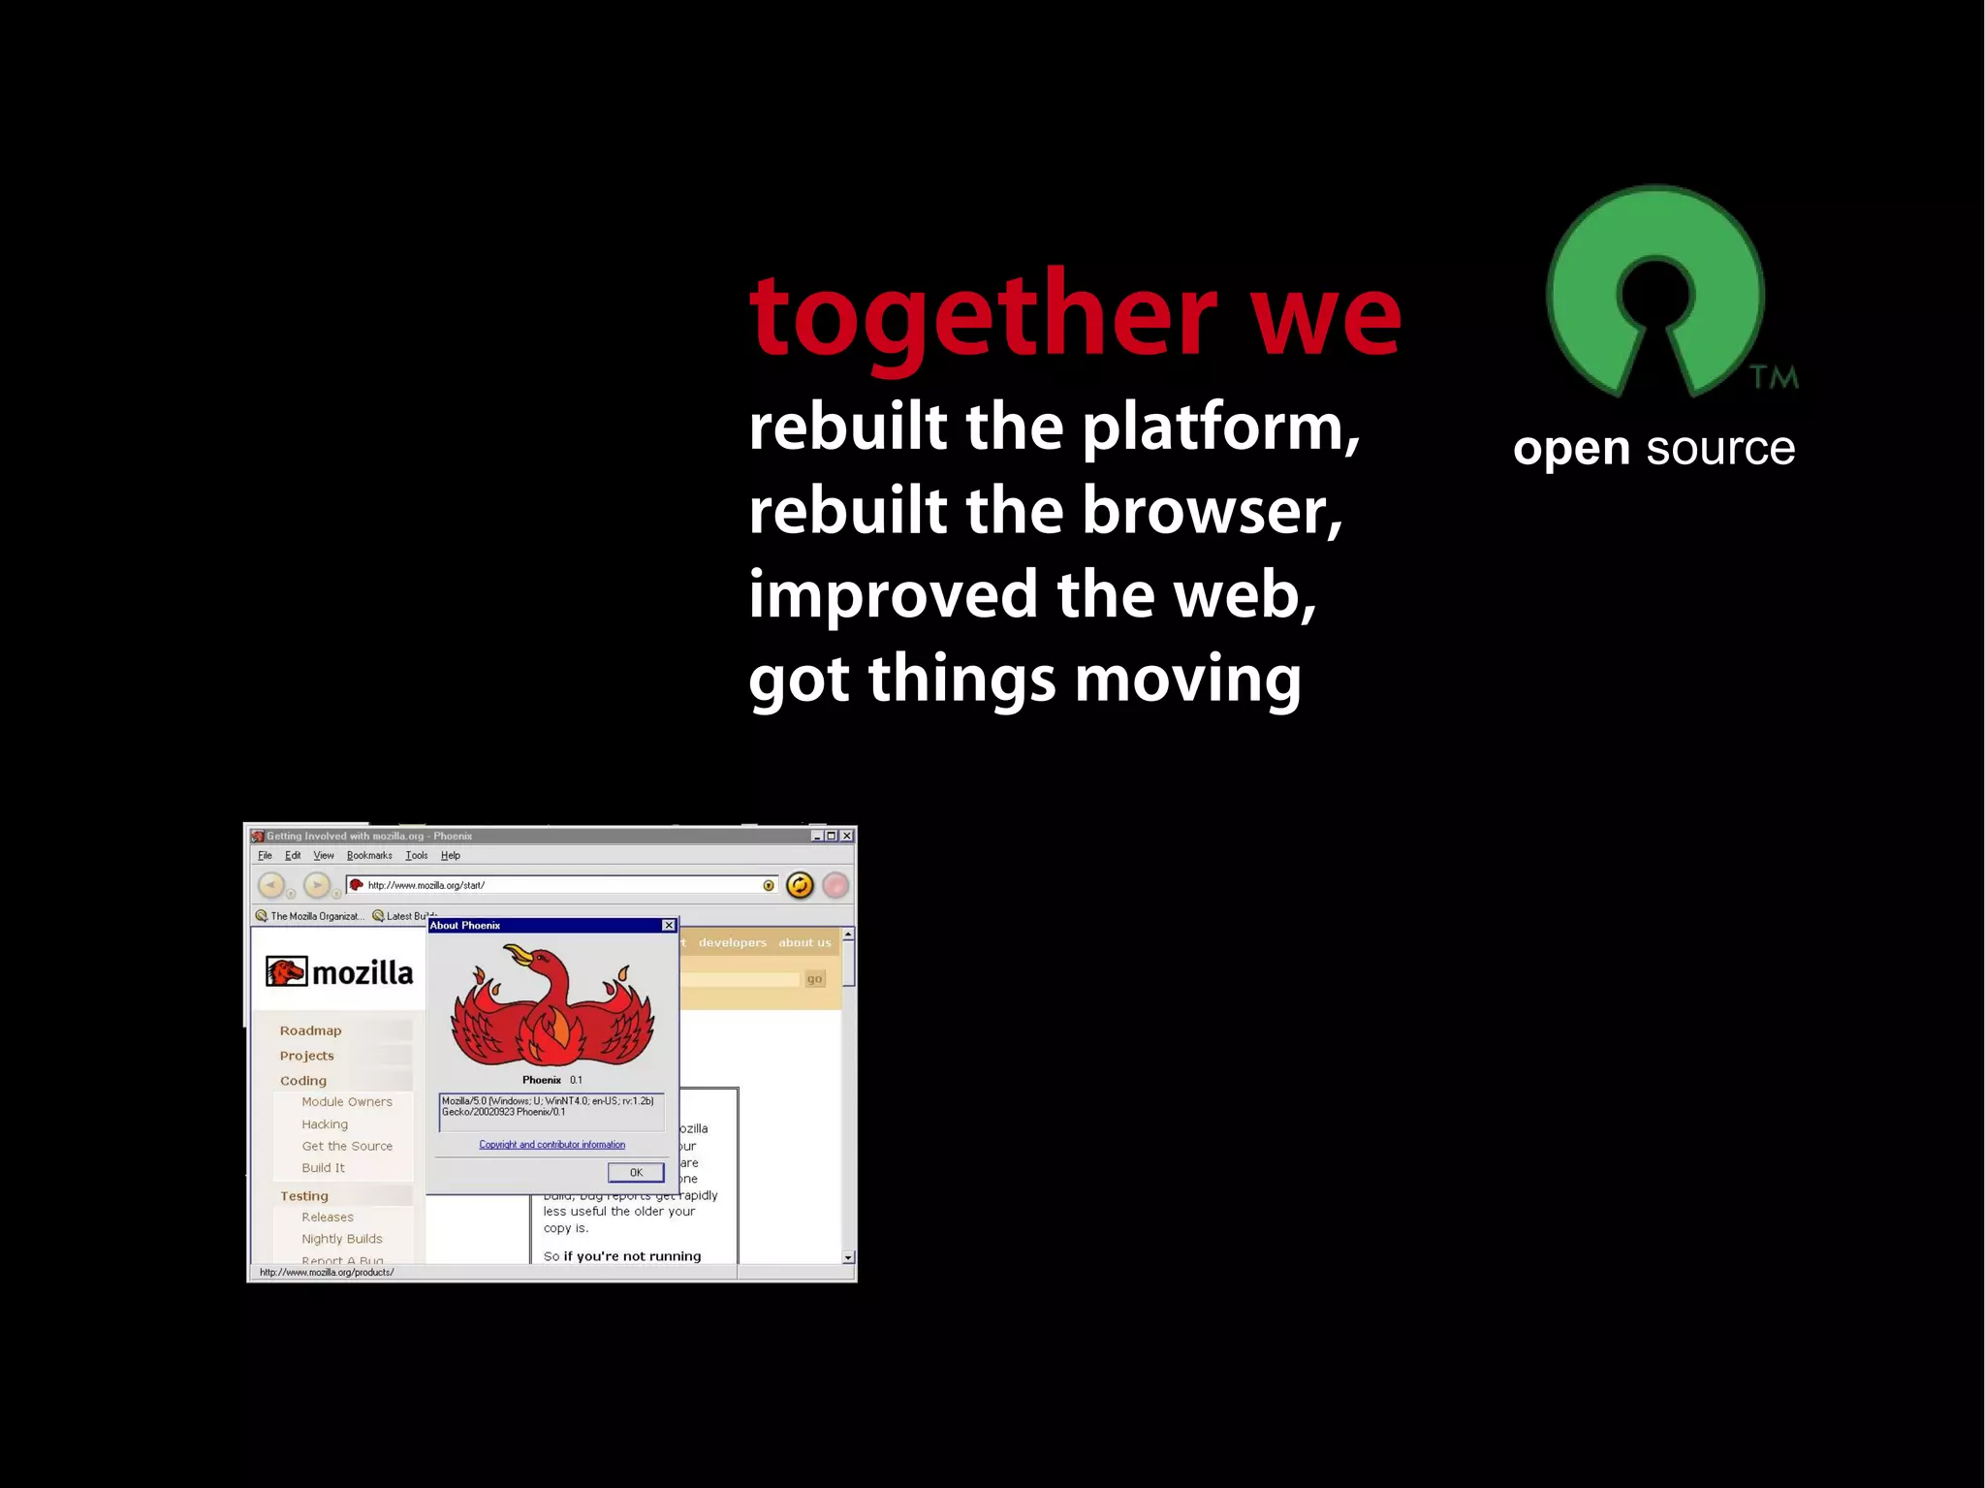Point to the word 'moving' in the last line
pos(1187,679)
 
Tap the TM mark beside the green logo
pos(1774,377)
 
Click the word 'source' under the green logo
pos(1720,449)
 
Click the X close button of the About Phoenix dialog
pos(669,926)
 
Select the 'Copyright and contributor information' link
pos(551,1145)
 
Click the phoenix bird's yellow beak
pos(520,956)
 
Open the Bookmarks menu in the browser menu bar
pos(369,856)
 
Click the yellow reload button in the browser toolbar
pos(800,885)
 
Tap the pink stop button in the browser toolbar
pos(835,885)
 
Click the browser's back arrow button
pos(271,885)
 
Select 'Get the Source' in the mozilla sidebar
pos(347,1146)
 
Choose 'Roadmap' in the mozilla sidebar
pos(310,1030)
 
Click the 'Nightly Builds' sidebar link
pos(341,1239)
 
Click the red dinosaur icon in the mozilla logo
pos(286,971)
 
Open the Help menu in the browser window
pos(450,856)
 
